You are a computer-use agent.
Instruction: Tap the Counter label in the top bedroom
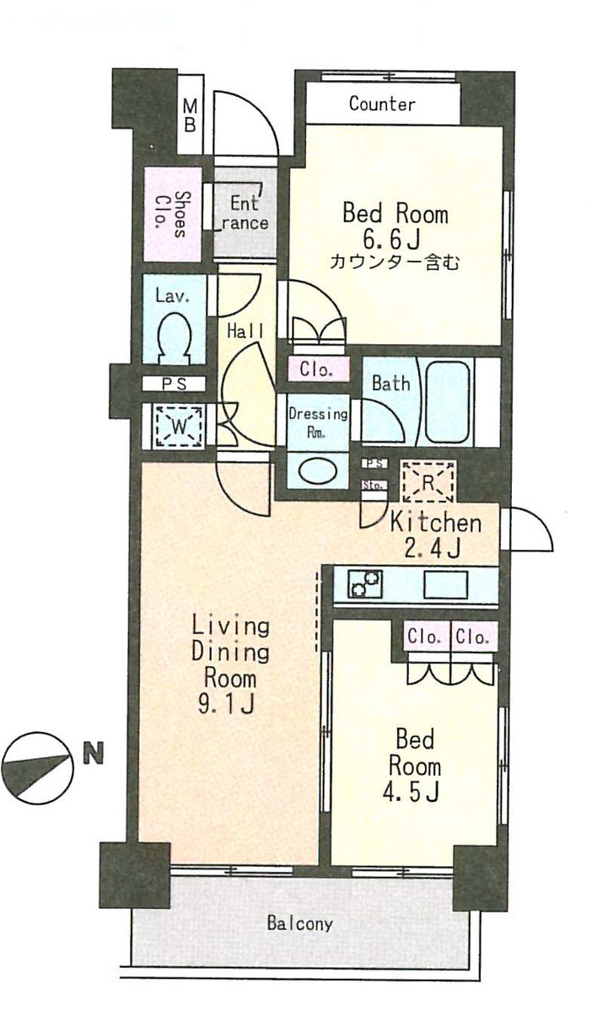click(382, 105)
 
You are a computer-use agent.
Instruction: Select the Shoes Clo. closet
click(170, 215)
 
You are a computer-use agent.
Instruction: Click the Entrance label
click(245, 213)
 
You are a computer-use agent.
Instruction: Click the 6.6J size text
click(394, 240)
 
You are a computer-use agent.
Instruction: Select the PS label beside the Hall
click(174, 384)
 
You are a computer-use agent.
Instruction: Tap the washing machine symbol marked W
click(179, 425)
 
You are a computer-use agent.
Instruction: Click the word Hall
click(245, 331)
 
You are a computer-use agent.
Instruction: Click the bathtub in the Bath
click(446, 401)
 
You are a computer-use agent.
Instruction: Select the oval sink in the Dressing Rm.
click(316, 469)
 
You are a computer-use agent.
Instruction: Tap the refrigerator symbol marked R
click(428, 482)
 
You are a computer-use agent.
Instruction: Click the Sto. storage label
click(374, 486)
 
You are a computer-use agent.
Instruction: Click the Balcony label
click(300, 923)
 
